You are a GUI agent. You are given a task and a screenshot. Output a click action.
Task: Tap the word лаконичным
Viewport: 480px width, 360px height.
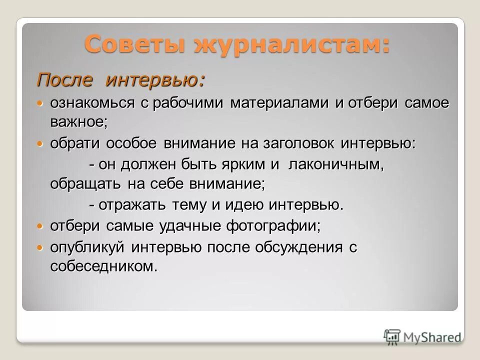point(335,164)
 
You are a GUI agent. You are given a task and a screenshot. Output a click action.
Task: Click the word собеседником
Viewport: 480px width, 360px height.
point(103,267)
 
